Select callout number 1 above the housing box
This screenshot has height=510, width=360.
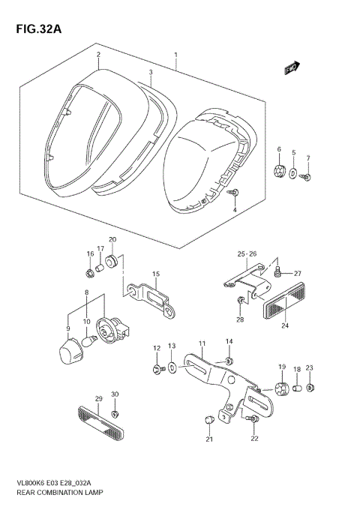pyautogui.click(x=175, y=55)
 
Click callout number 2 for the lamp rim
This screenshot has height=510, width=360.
pyautogui.click(x=97, y=55)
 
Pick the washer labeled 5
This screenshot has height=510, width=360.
pyautogui.click(x=294, y=174)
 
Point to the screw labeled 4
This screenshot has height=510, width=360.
pyautogui.click(x=235, y=193)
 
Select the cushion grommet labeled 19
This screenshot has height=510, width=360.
pyautogui.click(x=283, y=387)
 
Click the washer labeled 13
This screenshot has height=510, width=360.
pyautogui.click(x=172, y=368)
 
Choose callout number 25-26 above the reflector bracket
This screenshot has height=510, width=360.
pyautogui.click(x=247, y=253)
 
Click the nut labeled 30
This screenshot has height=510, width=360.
pyautogui.click(x=115, y=414)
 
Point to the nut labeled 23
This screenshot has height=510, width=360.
pyautogui.click(x=312, y=388)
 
